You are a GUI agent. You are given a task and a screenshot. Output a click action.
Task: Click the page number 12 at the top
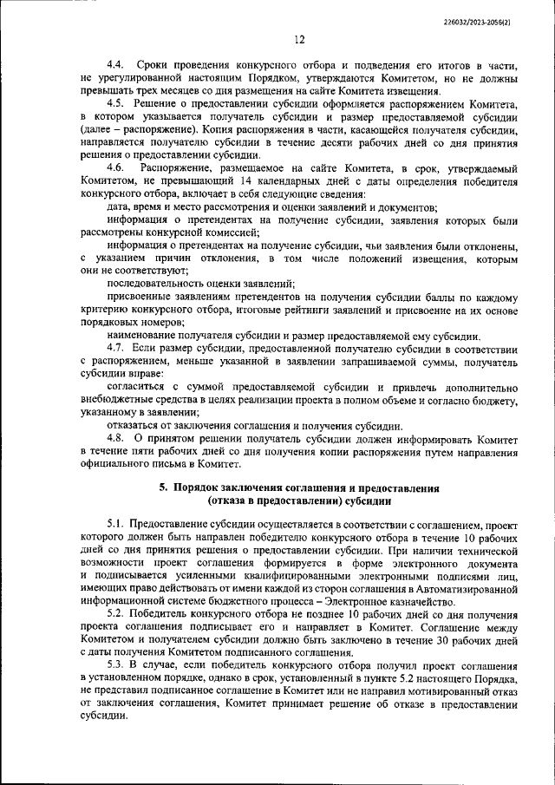(x=299, y=38)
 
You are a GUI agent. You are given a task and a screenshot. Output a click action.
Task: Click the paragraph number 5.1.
(x=116, y=526)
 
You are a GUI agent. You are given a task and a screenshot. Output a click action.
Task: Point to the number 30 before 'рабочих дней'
(x=453, y=642)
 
